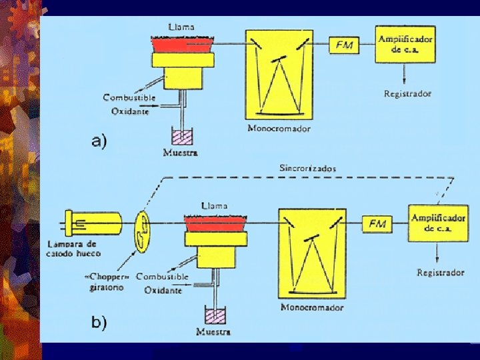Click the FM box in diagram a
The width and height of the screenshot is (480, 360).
[345, 45]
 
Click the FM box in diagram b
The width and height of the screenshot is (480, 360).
[377, 224]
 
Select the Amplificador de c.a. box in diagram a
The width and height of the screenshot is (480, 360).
[404, 44]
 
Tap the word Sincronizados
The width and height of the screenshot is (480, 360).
[307, 169]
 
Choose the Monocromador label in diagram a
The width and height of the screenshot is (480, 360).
[279, 128]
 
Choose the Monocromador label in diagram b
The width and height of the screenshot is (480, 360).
[312, 307]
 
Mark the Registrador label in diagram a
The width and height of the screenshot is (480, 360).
[408, 93]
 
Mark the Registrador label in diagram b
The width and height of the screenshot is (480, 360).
[441, 272]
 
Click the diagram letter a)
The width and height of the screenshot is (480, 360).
[99, 141]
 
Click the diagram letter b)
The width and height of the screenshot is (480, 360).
[99, 322]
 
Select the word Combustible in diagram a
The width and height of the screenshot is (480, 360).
[129, 97]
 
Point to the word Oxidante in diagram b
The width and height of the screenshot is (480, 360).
[163, 291]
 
